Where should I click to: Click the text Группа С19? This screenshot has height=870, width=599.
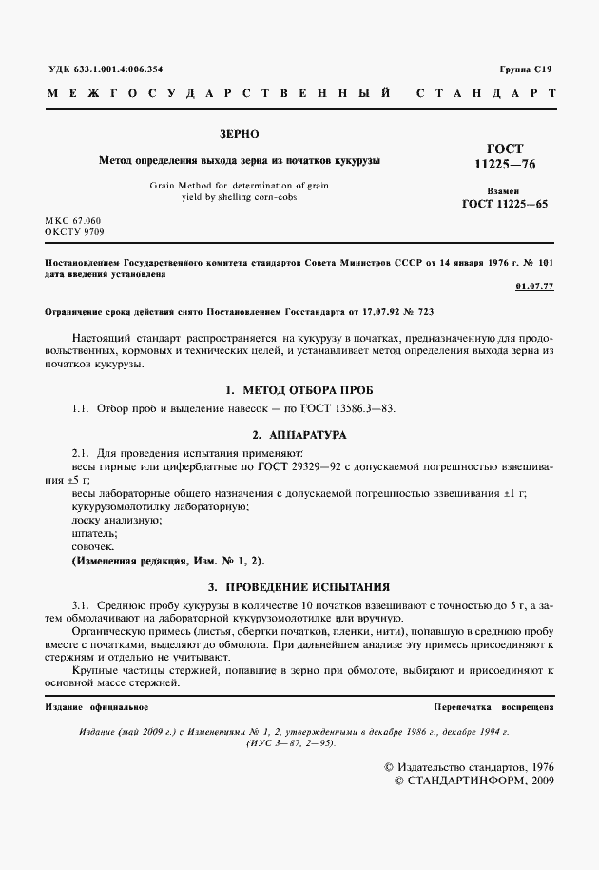click(525, 69)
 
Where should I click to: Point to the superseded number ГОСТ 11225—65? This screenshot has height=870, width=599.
click(504, 204)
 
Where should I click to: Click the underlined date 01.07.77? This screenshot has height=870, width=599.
click(533, 286)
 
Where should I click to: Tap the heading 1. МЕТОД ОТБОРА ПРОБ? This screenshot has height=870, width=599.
click(299, 391)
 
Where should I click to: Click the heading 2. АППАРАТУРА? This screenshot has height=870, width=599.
click(299, 434)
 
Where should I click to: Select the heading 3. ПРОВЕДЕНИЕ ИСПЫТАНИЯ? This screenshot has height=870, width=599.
click(299, 586)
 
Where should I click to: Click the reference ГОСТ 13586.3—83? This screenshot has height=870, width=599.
click(348, 408)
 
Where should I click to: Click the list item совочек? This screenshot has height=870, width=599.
click(93, 547)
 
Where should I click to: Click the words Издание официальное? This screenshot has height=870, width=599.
click(97, 708)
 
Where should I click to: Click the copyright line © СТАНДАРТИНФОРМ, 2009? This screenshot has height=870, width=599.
click(473, 781)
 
